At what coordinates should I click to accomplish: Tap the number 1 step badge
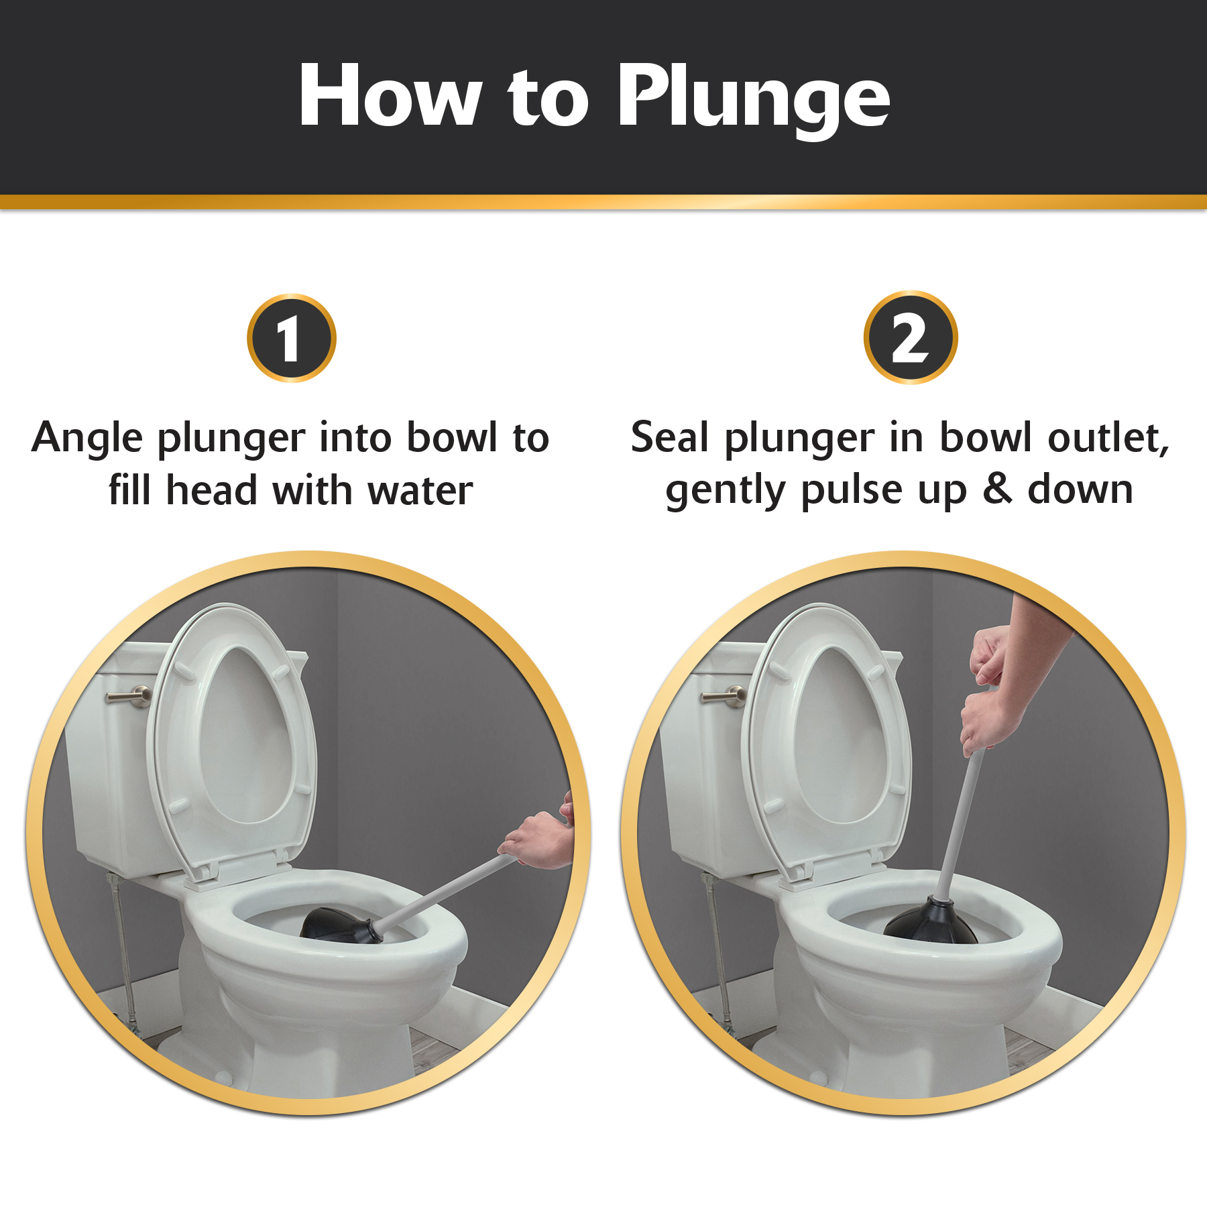click(291, 339)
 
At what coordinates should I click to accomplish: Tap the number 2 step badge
click(910, 339)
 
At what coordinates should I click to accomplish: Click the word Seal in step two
click(670, 438)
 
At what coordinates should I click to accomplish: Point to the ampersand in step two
click(997, 490)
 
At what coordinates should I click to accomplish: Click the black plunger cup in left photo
click(332, 924)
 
